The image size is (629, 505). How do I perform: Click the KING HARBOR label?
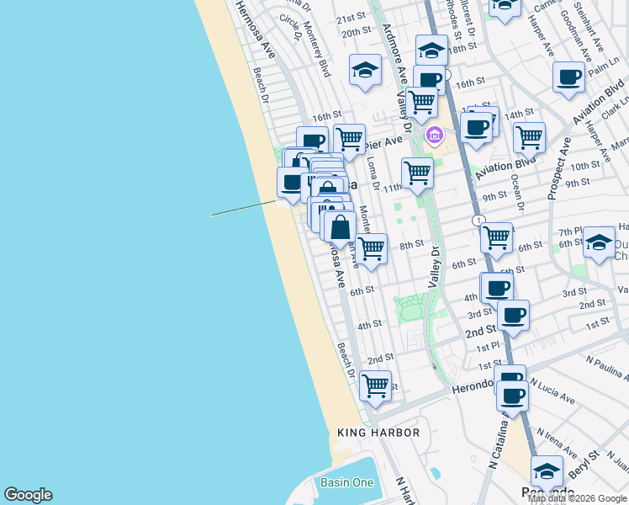378,433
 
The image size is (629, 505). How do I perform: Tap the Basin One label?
346,482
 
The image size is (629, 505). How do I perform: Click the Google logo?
28,495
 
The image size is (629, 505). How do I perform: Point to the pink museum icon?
435,135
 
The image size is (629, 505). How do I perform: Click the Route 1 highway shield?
478,221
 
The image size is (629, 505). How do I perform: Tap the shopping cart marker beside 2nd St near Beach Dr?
376,386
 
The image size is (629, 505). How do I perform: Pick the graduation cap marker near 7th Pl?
599,242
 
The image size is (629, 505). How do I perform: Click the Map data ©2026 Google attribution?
578,498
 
